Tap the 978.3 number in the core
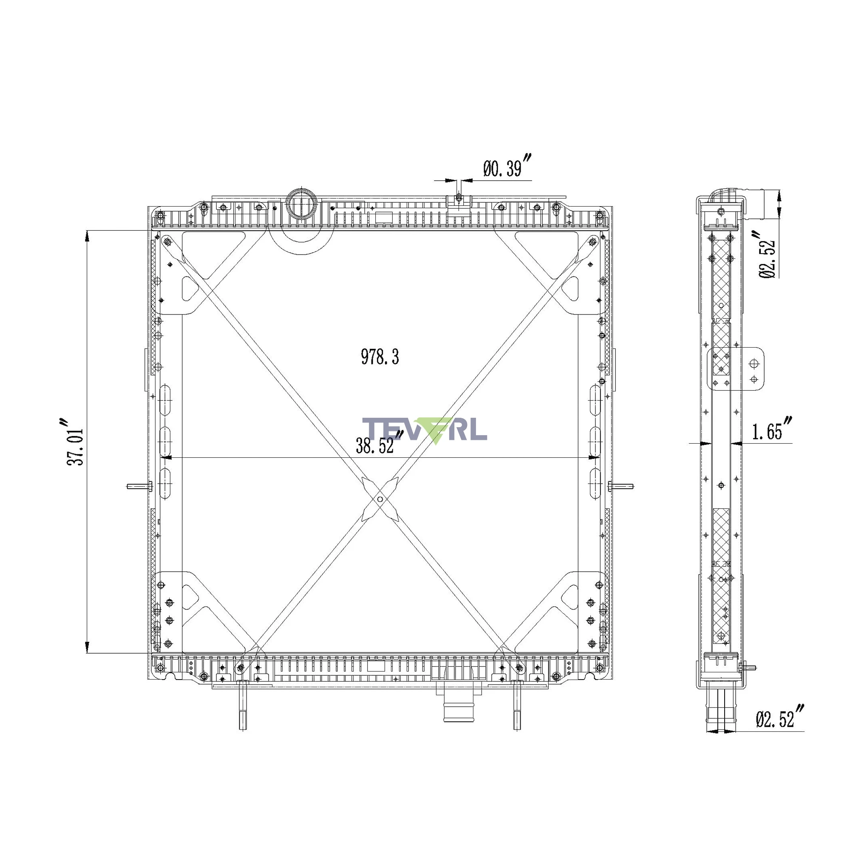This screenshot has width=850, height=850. (x=380, y=357)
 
